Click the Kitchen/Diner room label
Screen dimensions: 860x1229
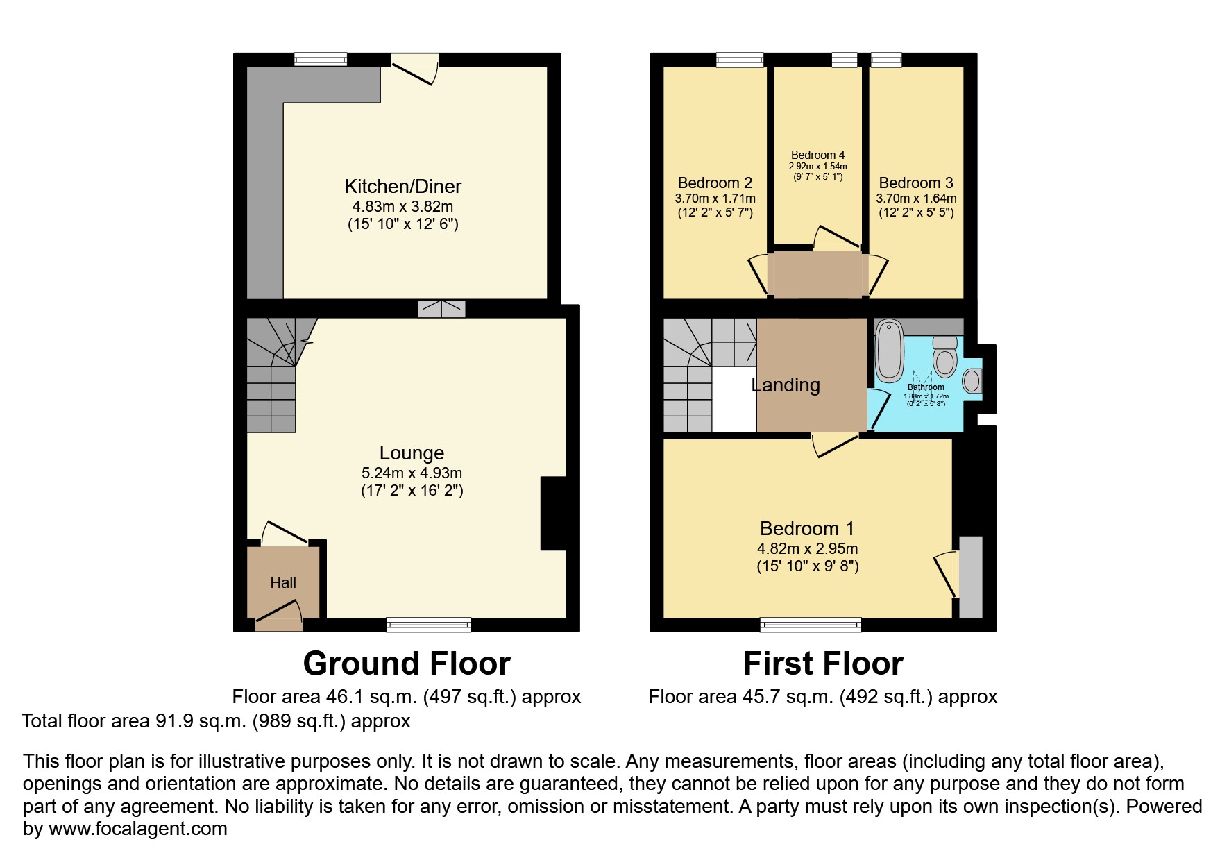[x=402, y=186]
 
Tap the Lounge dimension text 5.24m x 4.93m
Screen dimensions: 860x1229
[x=412, y=473]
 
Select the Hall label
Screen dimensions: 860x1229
[x=283, y=583]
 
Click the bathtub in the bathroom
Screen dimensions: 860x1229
[x=890, y=351]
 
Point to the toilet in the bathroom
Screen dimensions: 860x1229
[x=944, y=357]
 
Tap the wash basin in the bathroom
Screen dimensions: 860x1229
[x=972, y=380]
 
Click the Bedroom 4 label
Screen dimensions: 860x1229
[x=817, y=155]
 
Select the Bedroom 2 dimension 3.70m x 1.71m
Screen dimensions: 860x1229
[x=715, y=199]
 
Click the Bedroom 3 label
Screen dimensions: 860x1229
[x=916, y=183]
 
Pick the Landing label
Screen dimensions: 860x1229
[x=786, y=385]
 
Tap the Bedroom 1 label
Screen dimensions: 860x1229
[x=807, y=528]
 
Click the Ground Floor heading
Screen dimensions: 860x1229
[x=407, y=664]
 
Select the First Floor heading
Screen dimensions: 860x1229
[x=823, y=664]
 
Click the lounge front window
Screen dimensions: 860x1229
[x=428, y=625]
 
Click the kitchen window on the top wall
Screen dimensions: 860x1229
[x=320, y=60]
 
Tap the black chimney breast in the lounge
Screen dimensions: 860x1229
[x=554, y=514]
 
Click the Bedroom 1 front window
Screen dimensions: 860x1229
[x=811, y=625]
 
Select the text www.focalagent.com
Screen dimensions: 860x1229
[x=137, y=829]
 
